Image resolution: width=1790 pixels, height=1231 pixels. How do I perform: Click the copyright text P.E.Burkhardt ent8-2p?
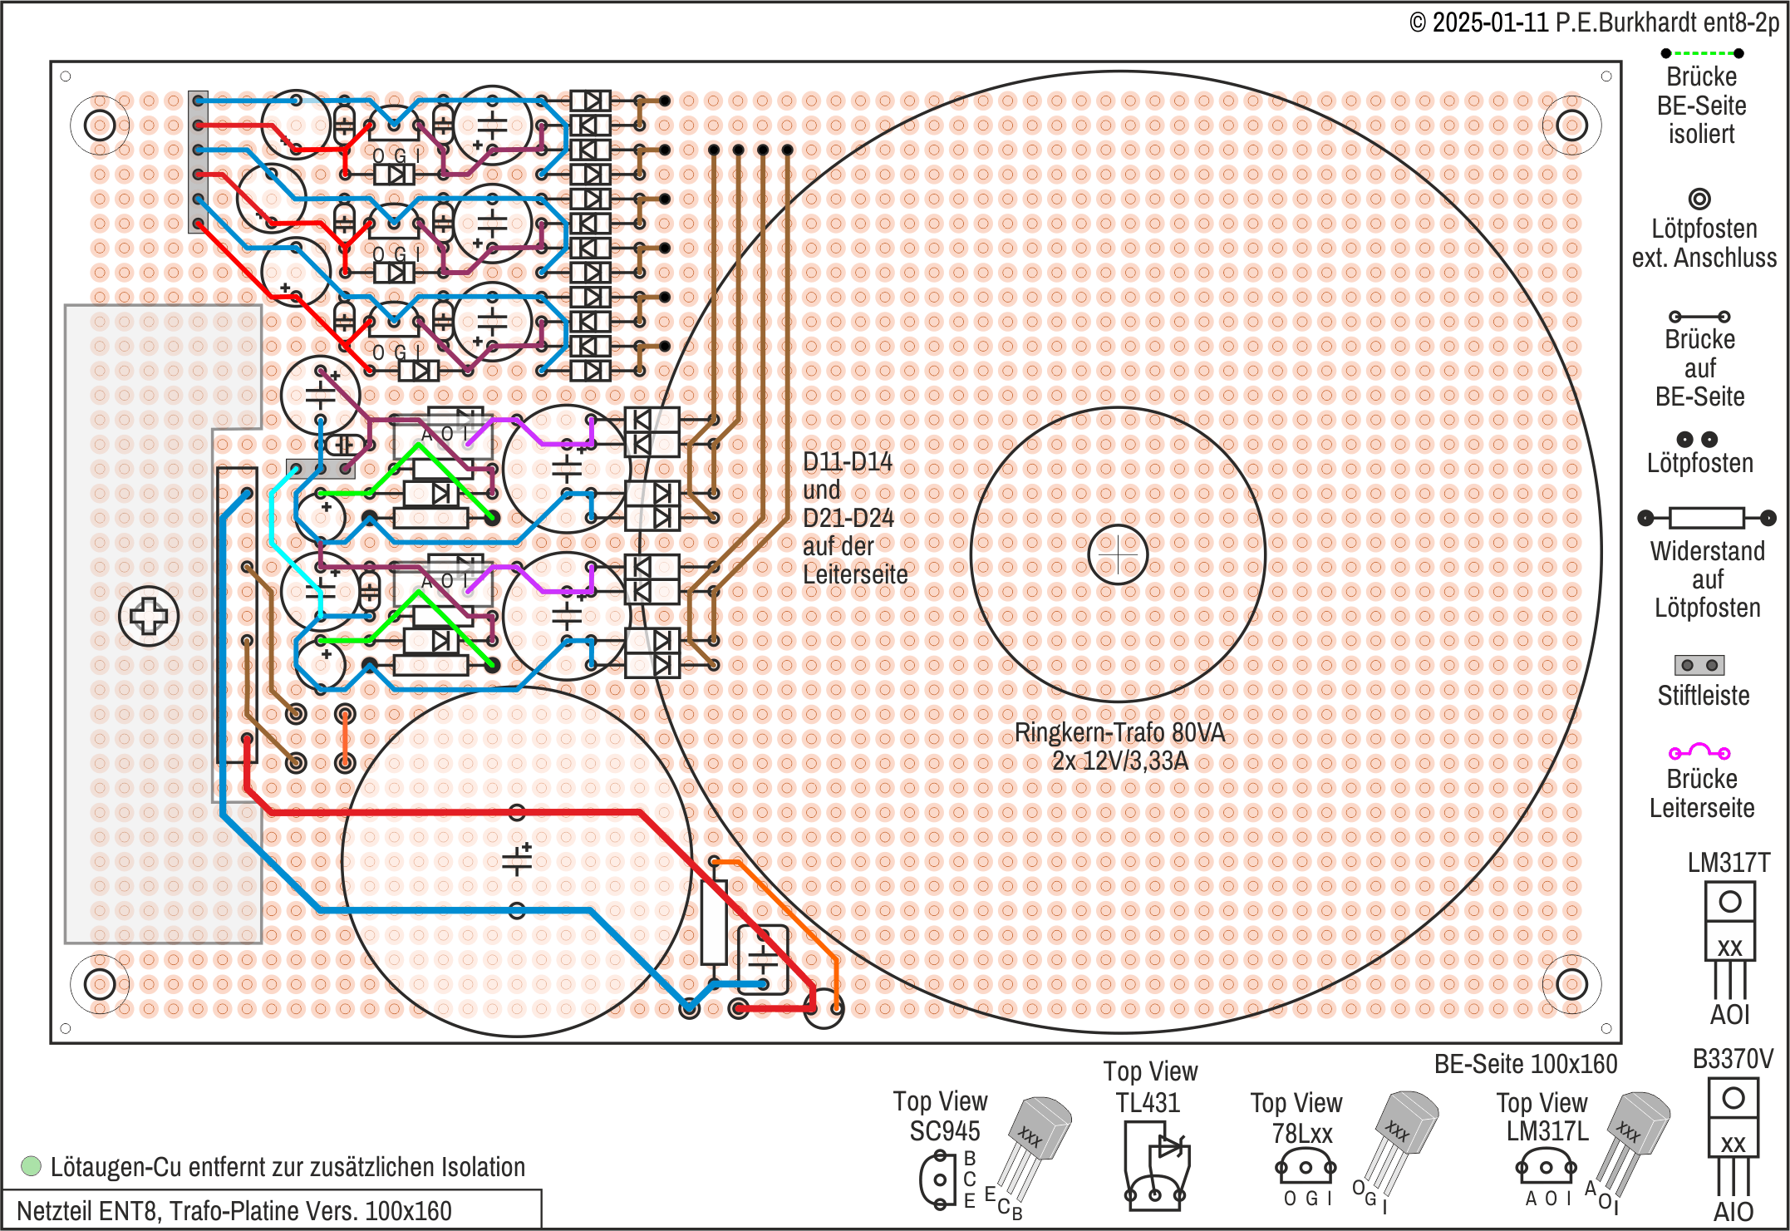tap(1667, 22)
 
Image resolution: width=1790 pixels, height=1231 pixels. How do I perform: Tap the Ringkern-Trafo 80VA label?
tap(1119, 732)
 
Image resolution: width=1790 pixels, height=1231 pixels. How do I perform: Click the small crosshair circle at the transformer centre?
tap(1118, 554)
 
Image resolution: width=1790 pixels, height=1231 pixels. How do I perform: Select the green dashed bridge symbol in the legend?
tap(1702, 53)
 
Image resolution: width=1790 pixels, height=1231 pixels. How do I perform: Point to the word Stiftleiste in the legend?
tap(1703, 696)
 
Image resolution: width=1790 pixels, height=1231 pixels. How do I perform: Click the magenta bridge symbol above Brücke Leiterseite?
tap(1699, 751)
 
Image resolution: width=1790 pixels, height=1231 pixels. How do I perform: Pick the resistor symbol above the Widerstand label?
tap(1706, 518)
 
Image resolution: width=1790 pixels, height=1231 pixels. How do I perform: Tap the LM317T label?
tap(1729, 863)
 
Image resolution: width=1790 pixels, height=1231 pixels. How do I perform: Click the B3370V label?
tap(1733, 1059)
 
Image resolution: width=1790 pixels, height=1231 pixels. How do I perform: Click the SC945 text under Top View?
tap(944, 1131)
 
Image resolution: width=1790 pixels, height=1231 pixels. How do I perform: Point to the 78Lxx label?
tap(1301, 1134)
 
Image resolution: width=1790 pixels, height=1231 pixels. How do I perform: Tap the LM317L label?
tap(1547, 1131)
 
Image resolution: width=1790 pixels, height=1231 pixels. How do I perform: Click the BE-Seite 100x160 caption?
tap(1526, 1064)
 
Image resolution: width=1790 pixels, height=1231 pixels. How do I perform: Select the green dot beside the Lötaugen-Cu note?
tap(31, 1166)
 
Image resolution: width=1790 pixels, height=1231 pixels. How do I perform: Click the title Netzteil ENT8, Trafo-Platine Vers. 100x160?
tap(234, 1211)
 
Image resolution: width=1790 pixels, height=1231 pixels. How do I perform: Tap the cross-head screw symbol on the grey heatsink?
tap(149, 616)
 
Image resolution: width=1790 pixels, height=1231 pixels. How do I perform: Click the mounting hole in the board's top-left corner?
tap(100, 126)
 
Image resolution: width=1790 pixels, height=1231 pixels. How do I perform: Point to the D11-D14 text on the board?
tap(847, 462)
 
